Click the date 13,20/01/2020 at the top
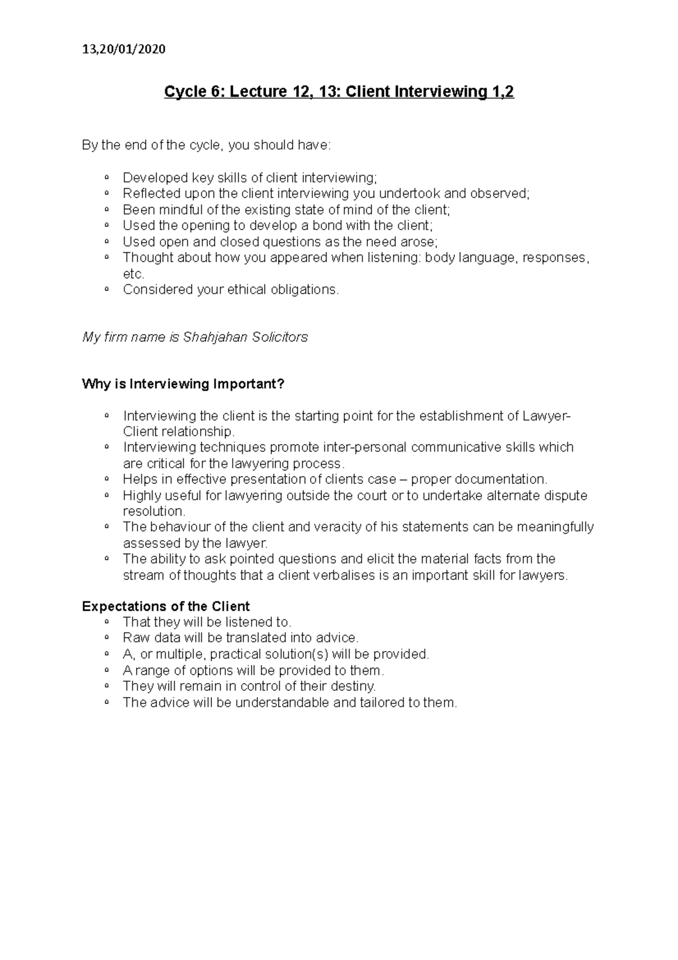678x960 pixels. pyautogui.click(x=124, y=49)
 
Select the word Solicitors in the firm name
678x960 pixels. pyautogui.click(x=281, y=338)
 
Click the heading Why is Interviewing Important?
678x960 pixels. pyautogui.click(x=183, y=384)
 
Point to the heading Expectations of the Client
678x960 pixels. pyautogui.click(x=166, y=607)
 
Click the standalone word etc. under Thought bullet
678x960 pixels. pyautogui.click(x=133, y=274)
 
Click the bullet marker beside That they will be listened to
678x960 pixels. pyautogui.click(x=106, y=622)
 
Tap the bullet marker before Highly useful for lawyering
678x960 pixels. pyautogui.click(x=106, y=495)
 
